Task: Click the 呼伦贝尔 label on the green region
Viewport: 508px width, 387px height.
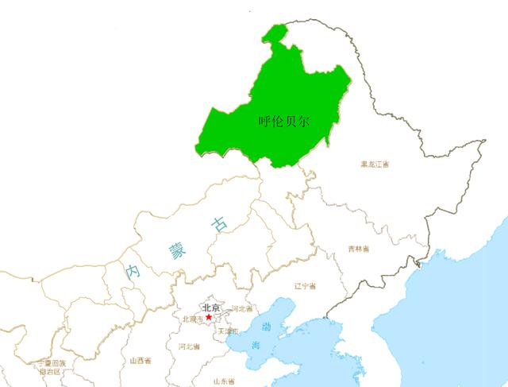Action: (284, 122)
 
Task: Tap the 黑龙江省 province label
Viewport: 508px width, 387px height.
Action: (375, 164)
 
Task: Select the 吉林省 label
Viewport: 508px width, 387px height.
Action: (363, 249)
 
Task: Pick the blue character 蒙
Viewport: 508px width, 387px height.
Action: (175, 250)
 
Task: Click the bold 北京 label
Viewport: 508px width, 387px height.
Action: (211, 308)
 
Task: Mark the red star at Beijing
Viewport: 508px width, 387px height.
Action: (209, 317)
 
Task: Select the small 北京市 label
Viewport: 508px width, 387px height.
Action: (193, 319)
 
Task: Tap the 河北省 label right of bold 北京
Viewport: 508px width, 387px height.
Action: (242, 308)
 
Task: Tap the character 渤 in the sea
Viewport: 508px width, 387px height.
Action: (267, 327)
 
